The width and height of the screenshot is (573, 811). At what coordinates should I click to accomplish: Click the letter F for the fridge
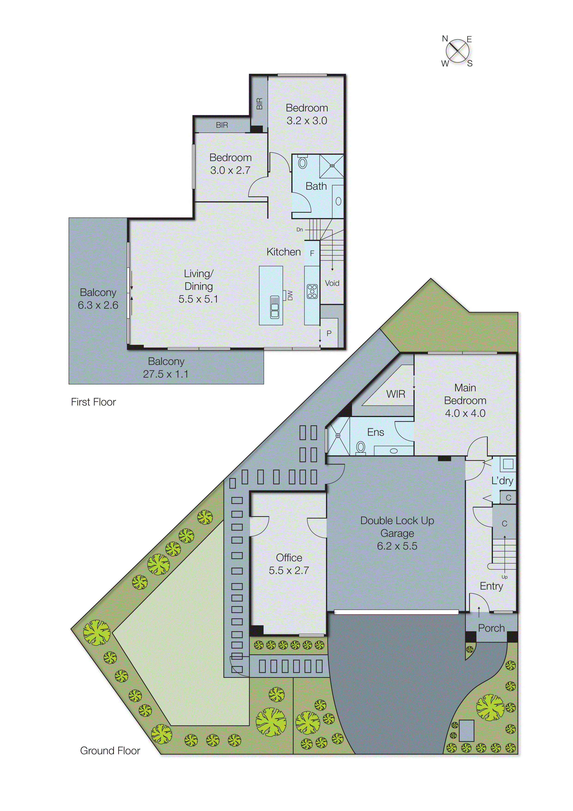(x=312, y=253)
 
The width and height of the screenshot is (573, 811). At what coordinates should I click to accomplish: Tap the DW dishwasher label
(x=290, y=295)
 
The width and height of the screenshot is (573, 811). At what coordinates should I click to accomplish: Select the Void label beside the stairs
(x=332, y=283)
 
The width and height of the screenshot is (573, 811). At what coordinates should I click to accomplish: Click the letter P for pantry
(x=329, y=333)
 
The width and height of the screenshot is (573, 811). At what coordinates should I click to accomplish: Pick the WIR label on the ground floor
(x=395, y=394)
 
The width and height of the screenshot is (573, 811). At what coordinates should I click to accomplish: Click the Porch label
(x=491, y=628)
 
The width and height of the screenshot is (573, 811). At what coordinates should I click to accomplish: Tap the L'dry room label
(x=502, y=481)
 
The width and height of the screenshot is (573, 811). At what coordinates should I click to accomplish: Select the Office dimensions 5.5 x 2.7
(x=289, y=571)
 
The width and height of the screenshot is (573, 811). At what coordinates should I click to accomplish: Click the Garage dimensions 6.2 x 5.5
(x=397, y=546)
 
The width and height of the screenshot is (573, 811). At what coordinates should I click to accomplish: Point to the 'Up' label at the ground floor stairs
(x=505, y=577)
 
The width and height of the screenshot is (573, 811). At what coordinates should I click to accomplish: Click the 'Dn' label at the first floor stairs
(x=299, y=230)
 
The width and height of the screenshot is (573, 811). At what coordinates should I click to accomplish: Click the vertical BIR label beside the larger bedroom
(x=259, y=104)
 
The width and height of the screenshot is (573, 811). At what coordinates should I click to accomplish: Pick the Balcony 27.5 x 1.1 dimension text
(x=166, y=374)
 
